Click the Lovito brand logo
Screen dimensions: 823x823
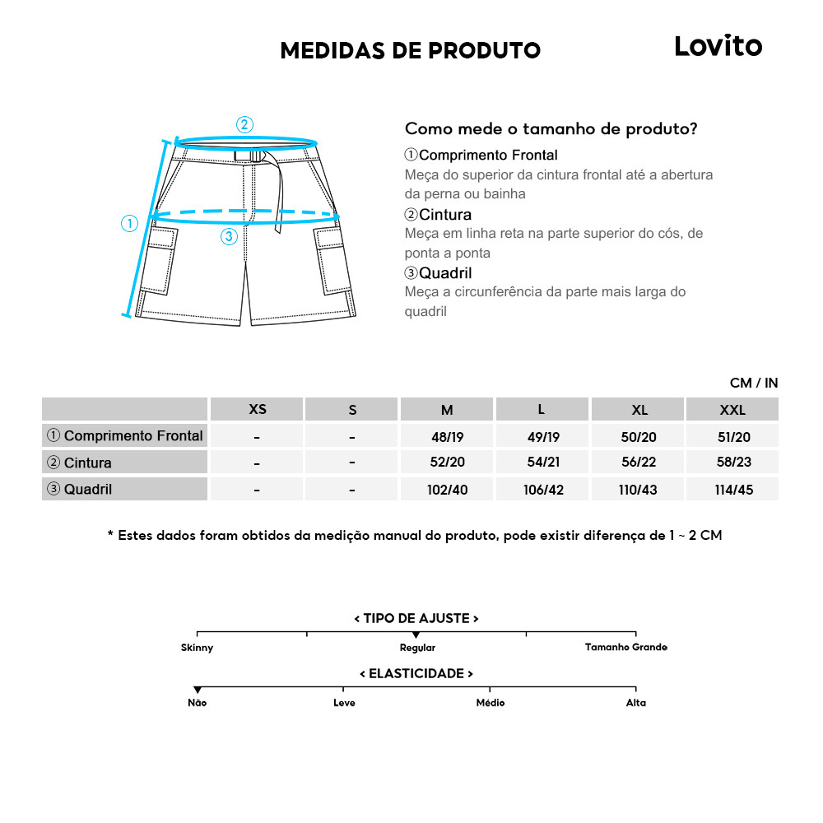[x=718, y=46]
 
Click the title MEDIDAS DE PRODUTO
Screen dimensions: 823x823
[x=410, y=50]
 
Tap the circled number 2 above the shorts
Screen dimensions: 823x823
[x=244, y=125]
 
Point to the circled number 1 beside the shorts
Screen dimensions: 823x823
[x=129, y=223]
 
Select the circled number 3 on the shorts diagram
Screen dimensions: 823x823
[x=230, y=236]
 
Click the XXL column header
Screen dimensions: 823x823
[x=732, y=409]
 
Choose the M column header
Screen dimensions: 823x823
[x=446, y=409]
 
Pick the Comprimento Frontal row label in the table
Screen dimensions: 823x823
[x=125, y=435]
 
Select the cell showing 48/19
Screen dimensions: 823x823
[x=447, y=436]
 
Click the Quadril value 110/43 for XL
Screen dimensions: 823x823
[x=638, y=490]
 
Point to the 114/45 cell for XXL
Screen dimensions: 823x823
[x=732, y=490]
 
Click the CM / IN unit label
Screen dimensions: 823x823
[x=753, y=383]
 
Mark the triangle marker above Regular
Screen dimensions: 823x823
[x=416, y=635]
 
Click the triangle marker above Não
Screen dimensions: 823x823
[x=198, y=690]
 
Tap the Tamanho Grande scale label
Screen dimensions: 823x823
[x=625, y=647]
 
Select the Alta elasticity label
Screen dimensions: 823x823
[x=635, y=703]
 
